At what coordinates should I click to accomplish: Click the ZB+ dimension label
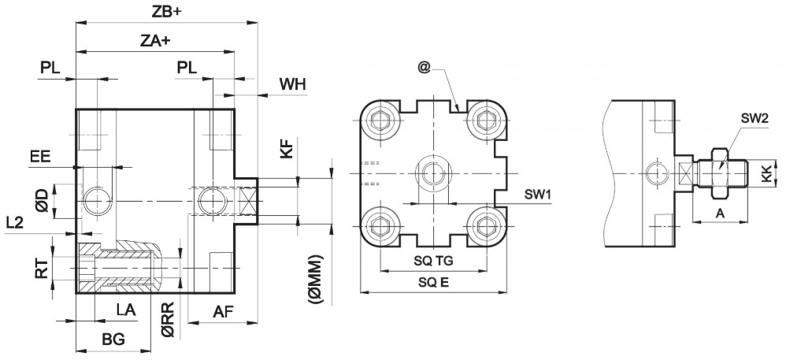point(167,13)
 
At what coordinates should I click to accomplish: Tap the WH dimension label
point(291,84)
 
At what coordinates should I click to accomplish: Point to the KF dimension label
point(288,147)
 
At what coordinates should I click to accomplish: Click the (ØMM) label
point(316,276)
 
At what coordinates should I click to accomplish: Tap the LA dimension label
point(126,310)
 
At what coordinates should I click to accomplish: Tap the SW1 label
point(539,194)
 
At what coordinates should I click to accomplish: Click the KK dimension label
point(766,174)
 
